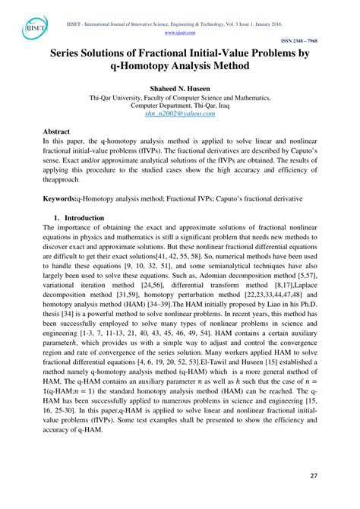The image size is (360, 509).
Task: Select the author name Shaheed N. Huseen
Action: coord(180,89)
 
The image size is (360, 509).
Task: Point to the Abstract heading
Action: coord(60,131)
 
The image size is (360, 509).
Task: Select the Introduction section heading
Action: coord(84,217)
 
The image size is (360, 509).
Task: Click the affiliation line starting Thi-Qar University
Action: coord(180,98)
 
